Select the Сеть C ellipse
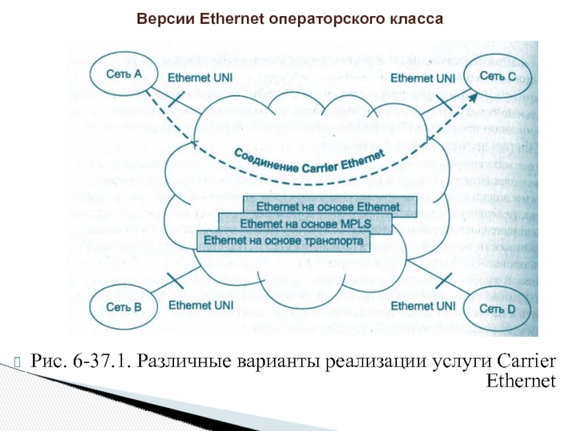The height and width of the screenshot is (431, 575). [497, 75]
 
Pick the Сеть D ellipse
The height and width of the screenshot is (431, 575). [497, 309]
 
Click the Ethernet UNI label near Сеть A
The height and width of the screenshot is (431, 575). [200, 75]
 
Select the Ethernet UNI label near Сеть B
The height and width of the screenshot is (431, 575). [200, 305]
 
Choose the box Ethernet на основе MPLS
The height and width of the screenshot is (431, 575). [305, 224]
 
